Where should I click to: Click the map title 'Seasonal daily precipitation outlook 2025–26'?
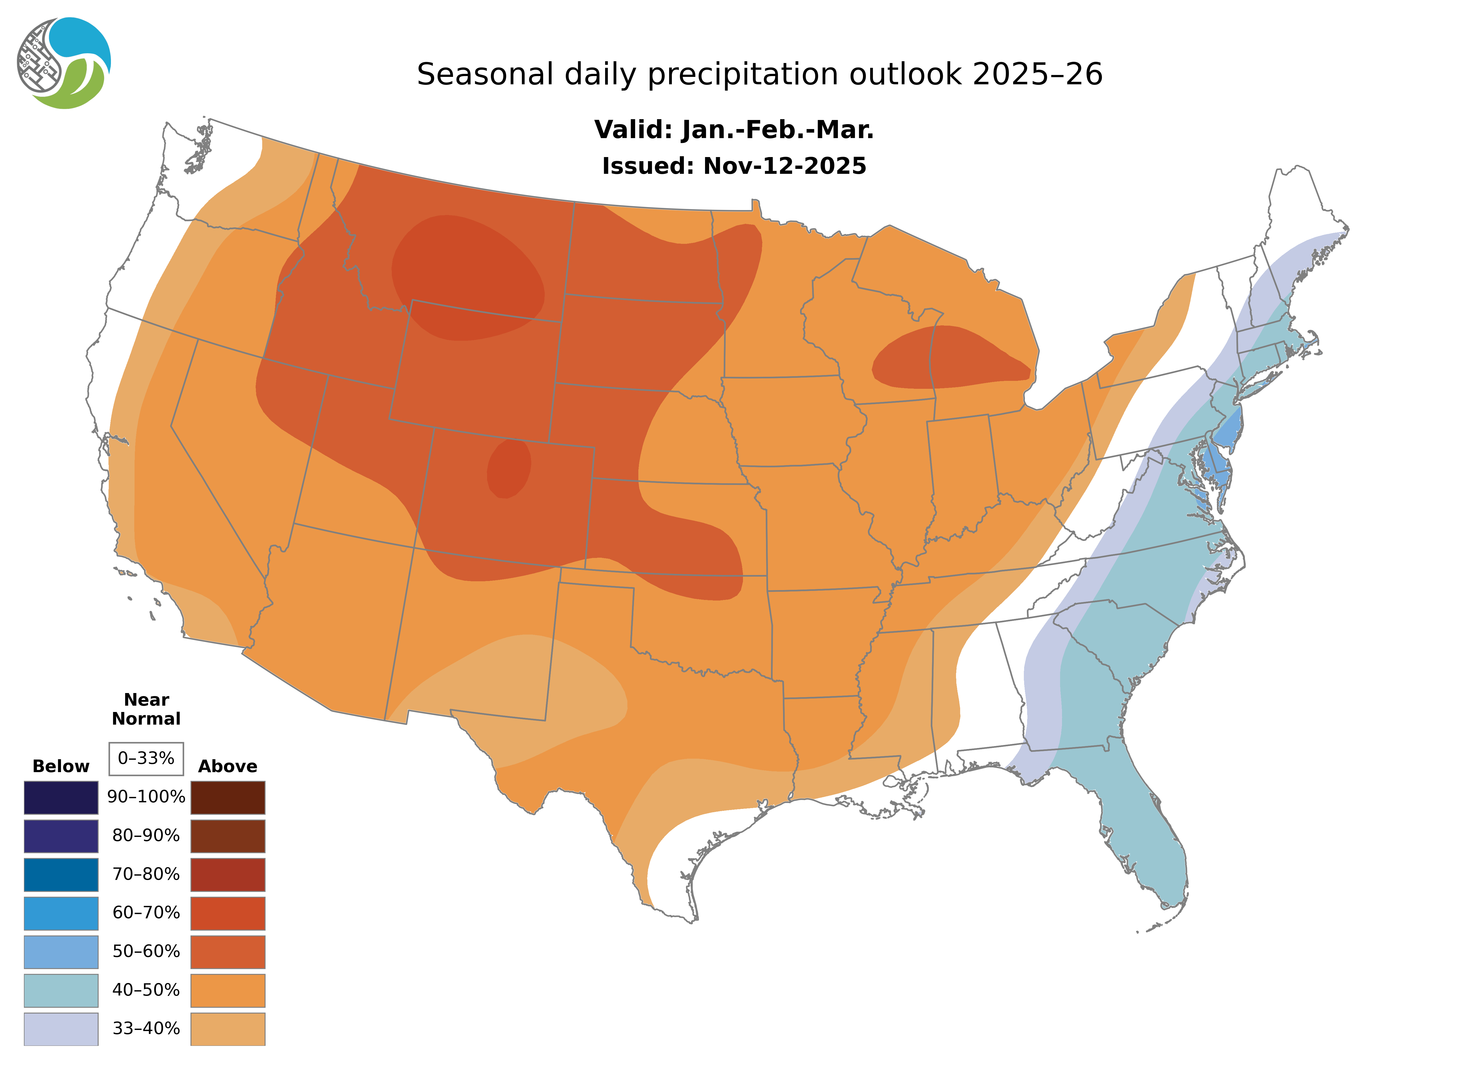759,74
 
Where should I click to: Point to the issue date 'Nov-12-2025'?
784,166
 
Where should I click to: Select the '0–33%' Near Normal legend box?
146,758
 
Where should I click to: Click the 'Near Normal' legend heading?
146,709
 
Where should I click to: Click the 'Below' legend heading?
61,766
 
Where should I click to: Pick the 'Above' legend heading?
228,766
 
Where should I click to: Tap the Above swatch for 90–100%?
228,797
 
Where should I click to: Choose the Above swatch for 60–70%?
228,913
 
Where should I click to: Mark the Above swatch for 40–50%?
228,990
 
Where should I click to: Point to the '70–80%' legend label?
146,875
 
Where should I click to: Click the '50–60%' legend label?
146,951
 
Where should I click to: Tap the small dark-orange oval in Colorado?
509,468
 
